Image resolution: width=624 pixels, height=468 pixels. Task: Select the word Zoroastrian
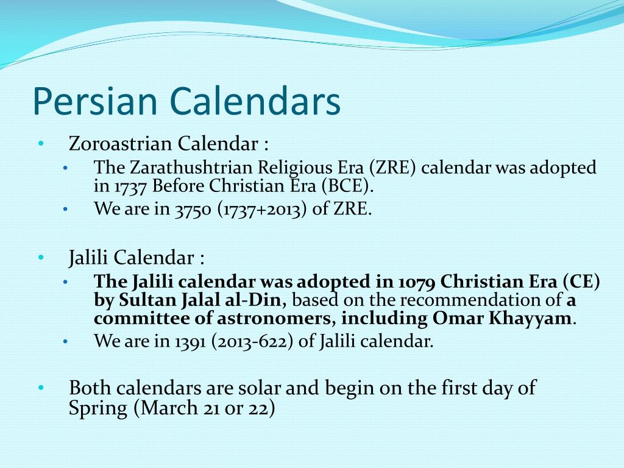(x=121, y=144)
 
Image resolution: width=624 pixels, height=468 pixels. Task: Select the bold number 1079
(x=417, y=282)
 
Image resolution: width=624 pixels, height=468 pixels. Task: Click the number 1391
(x=191, y=341)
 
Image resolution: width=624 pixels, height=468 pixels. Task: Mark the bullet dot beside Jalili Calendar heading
(x=40, y=258)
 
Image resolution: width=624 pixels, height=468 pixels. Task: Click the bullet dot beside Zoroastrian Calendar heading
(x=40, y=144)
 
